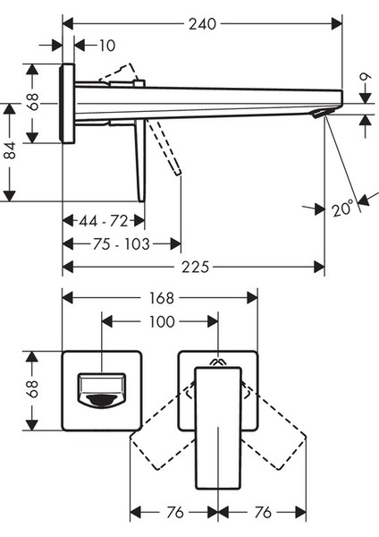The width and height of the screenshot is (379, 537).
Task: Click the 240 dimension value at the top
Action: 203,24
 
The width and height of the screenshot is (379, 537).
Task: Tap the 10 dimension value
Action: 107,46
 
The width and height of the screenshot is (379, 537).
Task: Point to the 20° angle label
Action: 342,209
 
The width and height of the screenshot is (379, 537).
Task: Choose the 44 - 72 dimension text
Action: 104,221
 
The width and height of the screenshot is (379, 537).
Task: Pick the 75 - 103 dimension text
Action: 122,244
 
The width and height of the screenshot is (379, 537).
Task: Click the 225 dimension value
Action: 195,267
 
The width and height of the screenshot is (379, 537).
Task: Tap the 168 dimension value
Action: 162,298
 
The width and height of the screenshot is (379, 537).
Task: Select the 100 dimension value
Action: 162,322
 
